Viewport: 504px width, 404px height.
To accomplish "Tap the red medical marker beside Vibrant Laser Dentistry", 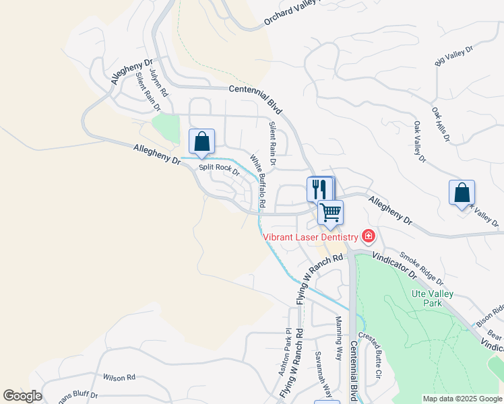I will (369, 236).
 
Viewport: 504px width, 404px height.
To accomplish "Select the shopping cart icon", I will (330, 212).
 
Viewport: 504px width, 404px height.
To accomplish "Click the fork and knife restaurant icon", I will (319, 188).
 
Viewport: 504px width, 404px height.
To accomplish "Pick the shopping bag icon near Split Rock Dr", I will (201, 141).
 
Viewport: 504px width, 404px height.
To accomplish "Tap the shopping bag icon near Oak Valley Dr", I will (462, 193).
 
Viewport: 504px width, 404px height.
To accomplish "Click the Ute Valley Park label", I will (432, 299).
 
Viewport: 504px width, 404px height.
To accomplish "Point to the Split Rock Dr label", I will (219, 168).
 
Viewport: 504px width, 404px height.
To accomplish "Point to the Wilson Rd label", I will (119, 377).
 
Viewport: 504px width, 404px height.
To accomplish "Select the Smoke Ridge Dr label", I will (420, 267).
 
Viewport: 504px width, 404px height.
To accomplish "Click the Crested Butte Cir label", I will (371, 354).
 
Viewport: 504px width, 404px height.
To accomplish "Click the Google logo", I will (22, 396).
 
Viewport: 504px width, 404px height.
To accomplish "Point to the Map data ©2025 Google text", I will (462, 399).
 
